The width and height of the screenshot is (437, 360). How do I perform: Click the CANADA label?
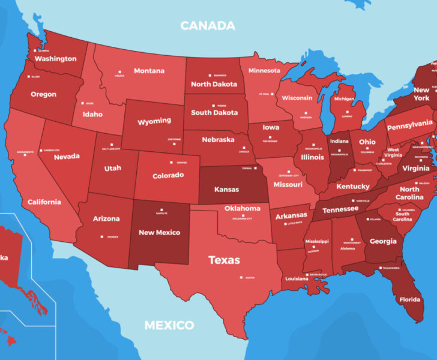click(208, 26)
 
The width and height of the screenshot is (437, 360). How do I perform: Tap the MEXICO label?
click(169, 326)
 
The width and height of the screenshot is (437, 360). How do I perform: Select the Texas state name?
click(224, 260)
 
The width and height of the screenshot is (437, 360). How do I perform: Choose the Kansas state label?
click(226, 189)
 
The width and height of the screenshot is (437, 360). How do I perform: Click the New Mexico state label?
click(159, 232)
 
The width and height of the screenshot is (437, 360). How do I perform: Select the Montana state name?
click(149, 71)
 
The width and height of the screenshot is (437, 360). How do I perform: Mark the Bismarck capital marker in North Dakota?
click(214, 75)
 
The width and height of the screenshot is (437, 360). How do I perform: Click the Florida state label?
click(410, 299)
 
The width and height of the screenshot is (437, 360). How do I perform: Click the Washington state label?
click(55, 59)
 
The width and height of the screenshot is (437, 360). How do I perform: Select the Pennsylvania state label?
click(409, 125)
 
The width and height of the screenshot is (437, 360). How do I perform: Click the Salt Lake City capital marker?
click(104, 148)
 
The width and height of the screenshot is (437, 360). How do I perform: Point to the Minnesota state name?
click(264, 70)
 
